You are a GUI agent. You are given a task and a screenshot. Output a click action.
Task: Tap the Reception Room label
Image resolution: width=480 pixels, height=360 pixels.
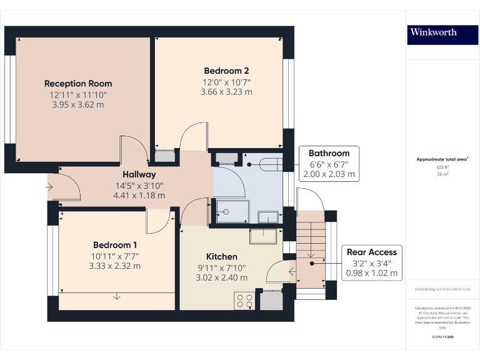click(x=78, y=83)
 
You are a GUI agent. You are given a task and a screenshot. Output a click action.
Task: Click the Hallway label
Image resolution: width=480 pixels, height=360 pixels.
click(x=139, y=174)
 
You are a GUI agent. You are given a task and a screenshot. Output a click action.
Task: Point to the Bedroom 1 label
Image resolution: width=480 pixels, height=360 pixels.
click(x=115, y=245)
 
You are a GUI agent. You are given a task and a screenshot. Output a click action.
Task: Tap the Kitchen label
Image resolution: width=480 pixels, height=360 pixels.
click(x=222, y=256)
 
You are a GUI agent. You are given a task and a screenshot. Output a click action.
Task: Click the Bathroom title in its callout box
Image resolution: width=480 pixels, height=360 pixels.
click(x=329, y=153)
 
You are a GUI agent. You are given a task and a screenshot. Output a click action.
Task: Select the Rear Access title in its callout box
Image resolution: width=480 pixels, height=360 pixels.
click(x=372, y=252)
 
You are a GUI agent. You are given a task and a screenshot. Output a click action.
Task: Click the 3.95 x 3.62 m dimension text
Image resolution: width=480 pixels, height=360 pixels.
click(x=78, y=104)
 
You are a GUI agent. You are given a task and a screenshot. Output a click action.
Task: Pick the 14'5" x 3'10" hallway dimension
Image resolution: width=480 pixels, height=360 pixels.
click(x=139, y=185)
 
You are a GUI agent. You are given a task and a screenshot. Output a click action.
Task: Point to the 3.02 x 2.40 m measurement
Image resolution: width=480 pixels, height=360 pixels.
click(x=222, y=277)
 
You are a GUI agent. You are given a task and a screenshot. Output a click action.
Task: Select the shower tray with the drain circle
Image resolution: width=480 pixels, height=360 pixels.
click(x=231, y=211)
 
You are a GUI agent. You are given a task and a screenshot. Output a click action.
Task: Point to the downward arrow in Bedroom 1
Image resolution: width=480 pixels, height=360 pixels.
click(x=116, y=296)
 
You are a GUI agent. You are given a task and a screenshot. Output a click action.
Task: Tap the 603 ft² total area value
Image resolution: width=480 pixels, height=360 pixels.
click(x=442, y=167)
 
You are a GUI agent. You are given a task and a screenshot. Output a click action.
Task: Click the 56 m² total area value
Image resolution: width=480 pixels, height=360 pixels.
click(x=442, y=174)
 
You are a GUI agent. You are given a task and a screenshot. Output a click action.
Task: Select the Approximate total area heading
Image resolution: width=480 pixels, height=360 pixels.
click(x=442, y=159)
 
